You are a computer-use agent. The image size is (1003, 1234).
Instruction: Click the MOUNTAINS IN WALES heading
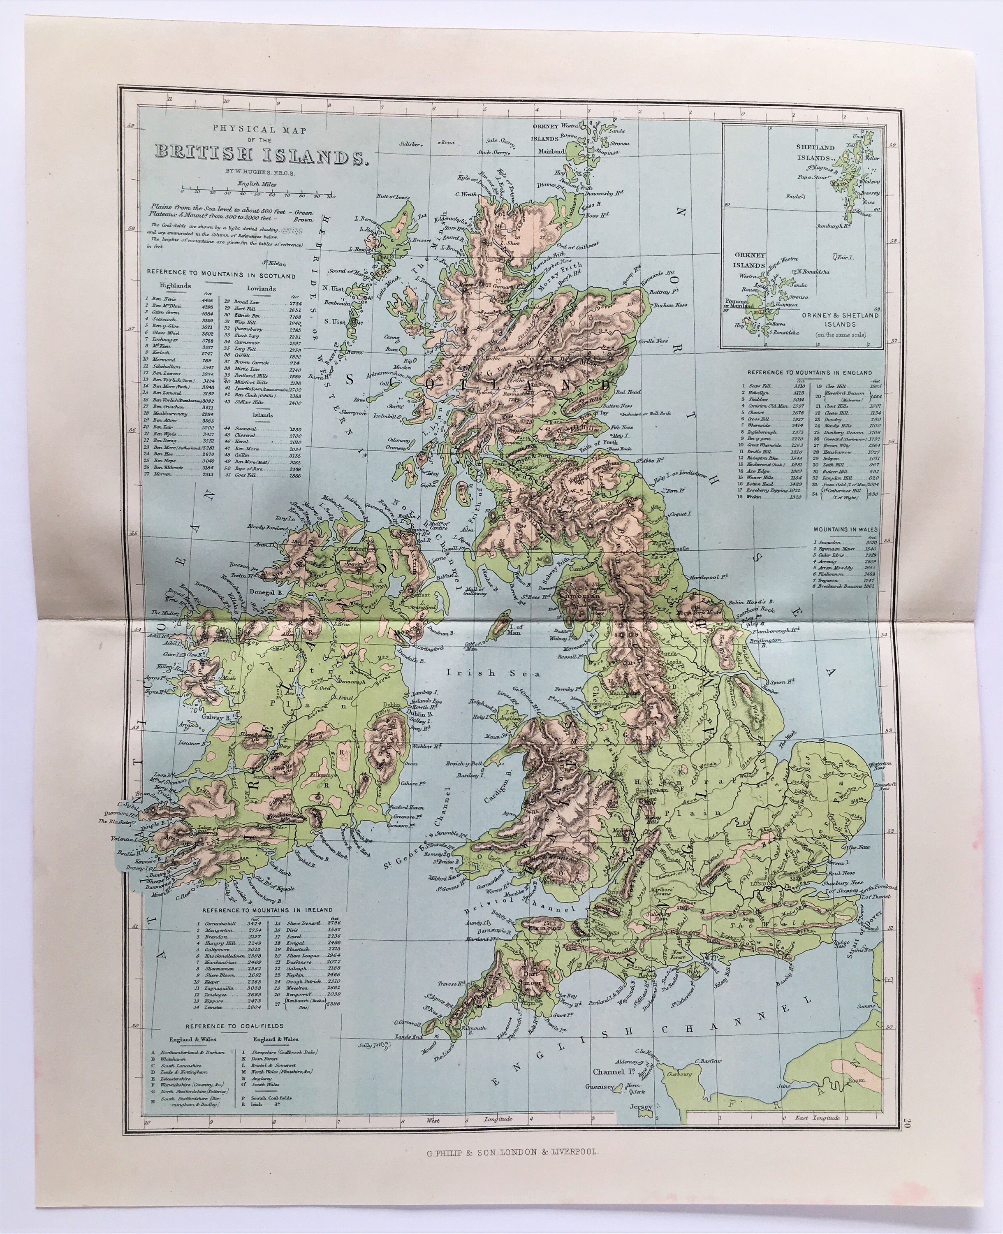point(845,529)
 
